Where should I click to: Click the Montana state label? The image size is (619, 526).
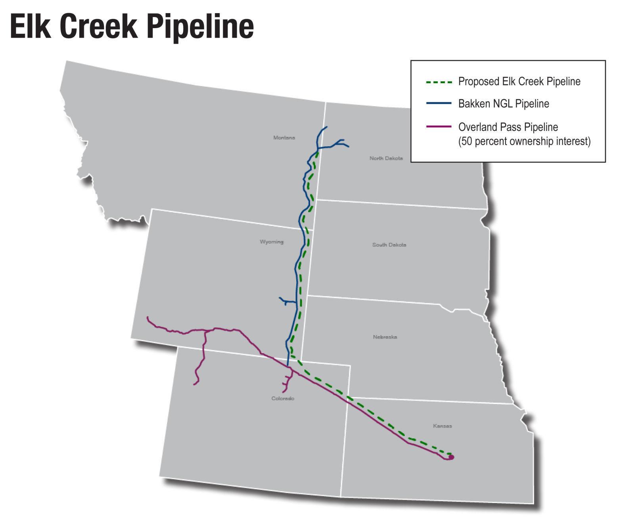(284, 138)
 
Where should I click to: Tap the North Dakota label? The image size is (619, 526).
(386, 158)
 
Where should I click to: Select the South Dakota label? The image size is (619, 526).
(389, 245)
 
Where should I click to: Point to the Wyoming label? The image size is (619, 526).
(272, 241)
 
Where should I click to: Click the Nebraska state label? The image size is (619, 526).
(385, 337)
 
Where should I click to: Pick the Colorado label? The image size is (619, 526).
(283, 398)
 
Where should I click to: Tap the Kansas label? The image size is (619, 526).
(442, 426)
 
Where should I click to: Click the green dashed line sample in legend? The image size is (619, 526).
(439, 82)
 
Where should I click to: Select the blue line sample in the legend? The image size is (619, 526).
(439, 103)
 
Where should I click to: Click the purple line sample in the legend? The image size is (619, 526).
(439, 127)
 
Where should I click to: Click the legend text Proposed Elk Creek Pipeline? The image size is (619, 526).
(519, 82)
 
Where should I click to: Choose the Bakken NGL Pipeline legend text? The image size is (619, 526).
(504, 104)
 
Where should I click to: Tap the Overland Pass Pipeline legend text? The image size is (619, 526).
(508, 127)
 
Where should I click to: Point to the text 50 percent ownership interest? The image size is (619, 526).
(524, 141)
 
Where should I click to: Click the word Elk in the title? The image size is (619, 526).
(31, 26)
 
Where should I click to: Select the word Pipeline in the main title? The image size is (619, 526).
(200, 27)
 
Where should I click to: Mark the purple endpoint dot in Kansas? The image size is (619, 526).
(451, 457)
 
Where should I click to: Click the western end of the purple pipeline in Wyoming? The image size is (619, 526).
(148, 318)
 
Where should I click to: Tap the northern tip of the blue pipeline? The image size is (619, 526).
(326, 127)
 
